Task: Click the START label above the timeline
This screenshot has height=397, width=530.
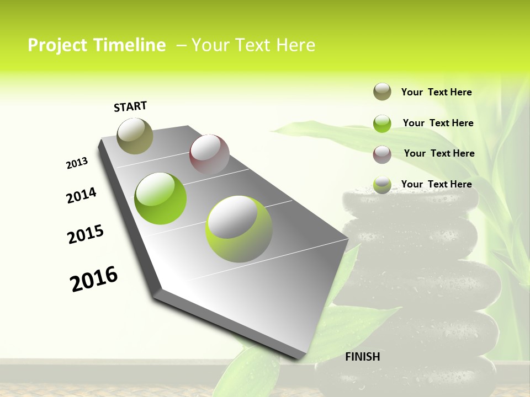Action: [130, 106]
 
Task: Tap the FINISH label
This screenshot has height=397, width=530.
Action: [363, 357]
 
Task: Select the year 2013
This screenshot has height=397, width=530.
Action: [77, 164]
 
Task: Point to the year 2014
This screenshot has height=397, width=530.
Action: [81, 196]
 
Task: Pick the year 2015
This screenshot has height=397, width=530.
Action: [86, 234]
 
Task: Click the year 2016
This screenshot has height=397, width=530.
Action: [94, 279]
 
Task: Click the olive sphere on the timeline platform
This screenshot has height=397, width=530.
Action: [135, 136]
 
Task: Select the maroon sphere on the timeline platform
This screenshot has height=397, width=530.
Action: [209, 154]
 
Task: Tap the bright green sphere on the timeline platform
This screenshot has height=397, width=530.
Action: [161, 198]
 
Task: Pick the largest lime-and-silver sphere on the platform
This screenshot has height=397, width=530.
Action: [239, 229]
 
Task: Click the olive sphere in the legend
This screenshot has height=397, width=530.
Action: [382, 92]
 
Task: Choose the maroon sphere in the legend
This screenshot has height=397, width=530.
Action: [382, 154]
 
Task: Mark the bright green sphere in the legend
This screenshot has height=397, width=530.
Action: [382, 124]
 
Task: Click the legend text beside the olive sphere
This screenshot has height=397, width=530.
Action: [436, 92]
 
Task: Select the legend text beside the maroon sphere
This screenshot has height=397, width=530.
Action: [439, 153]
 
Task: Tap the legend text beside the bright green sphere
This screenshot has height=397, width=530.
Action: [438, 123]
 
